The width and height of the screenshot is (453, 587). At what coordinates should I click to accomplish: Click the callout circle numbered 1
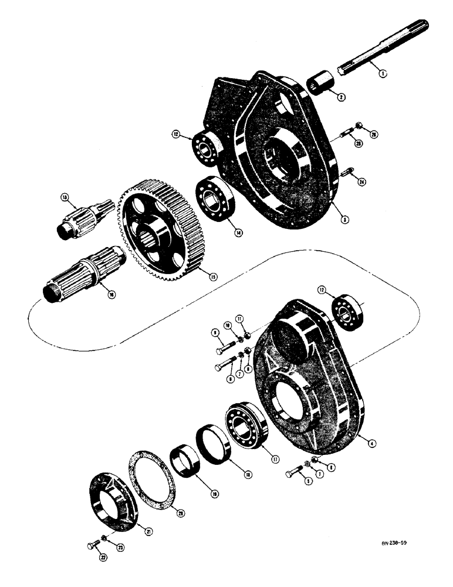click(x=383, y=75)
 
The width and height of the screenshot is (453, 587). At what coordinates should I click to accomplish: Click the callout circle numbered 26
click(x=373, y=134)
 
